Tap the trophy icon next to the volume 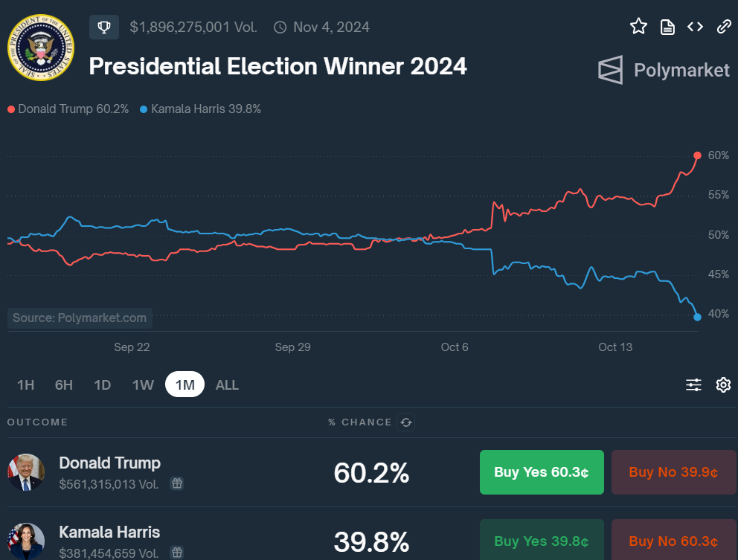tap(104, 28)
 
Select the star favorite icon tap(638, 27)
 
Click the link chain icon tap(724, 27)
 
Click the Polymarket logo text tap(681, 70)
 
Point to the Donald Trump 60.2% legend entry tap(68, 109)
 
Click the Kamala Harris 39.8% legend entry tap(200, 109)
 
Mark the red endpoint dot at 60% tap(697, 155)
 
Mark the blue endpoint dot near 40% tap(697, 317)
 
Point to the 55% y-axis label tap(718, 196)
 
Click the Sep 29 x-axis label tap(292, 347)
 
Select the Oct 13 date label tap(615, 347)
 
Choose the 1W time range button tap(143, 384)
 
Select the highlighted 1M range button tap(184, 384)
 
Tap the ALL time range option tap(227, 384)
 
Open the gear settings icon tap(723, 384)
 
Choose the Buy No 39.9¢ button tap(673, 472)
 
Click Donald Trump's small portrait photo tap(26, 472)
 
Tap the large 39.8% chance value tap(371, 541)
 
